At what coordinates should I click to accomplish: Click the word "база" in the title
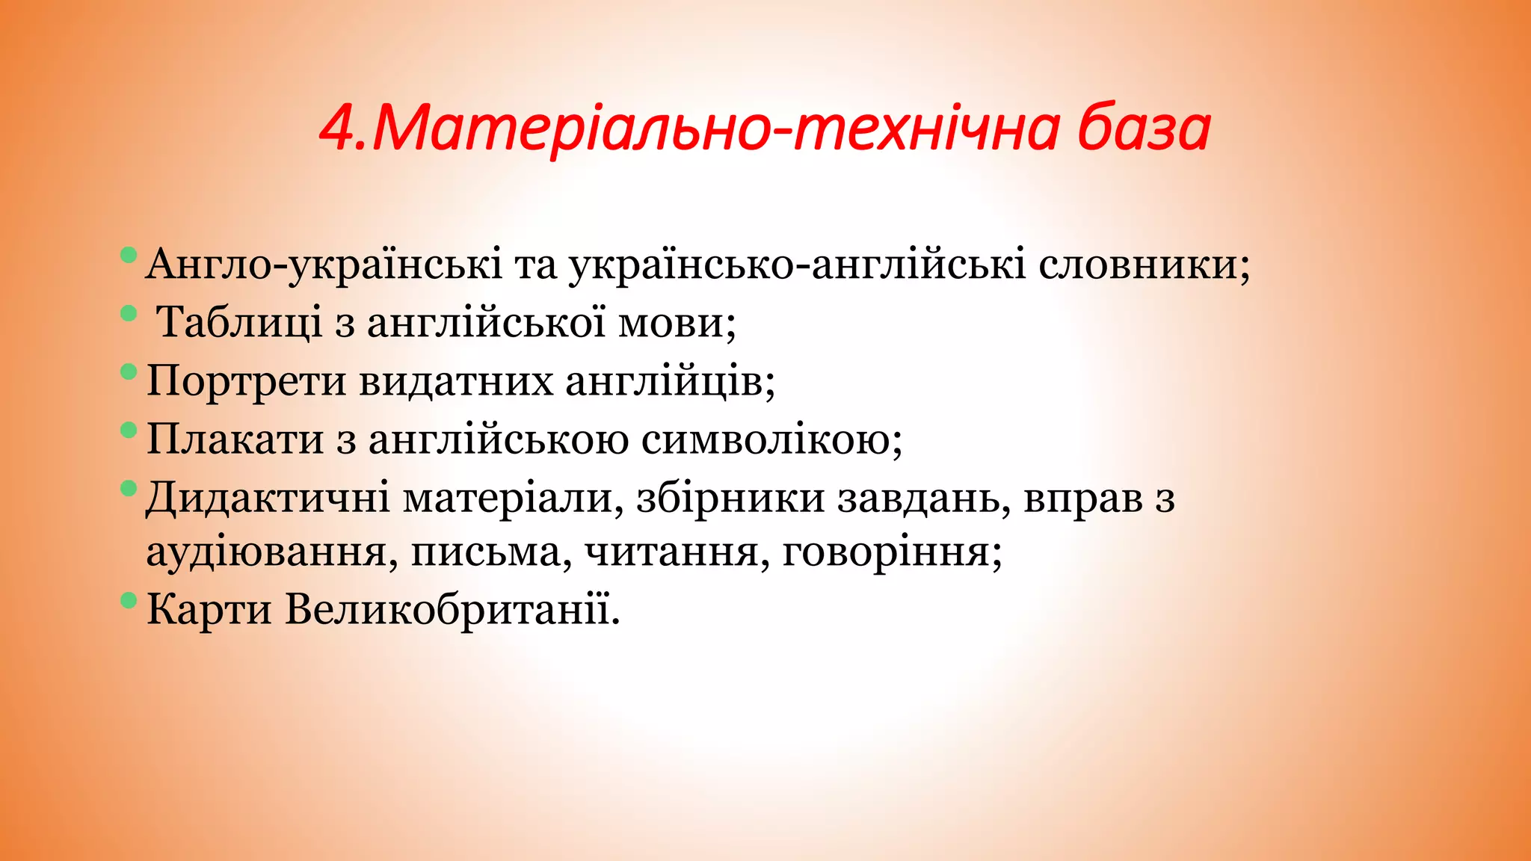coord(1144,129)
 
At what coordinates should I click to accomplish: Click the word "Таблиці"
coord(240,324)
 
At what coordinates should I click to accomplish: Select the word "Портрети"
coord(246,381)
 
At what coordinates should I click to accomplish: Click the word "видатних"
coord(456,381)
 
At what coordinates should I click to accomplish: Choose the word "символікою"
coord(765,439)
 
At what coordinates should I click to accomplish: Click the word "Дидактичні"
coord(268,498)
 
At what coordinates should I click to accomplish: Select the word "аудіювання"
coord(266,554)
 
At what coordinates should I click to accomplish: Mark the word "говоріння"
coord(885,554)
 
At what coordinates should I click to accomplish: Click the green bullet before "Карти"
coord(129,599)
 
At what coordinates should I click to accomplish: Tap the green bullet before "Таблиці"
coord(129,313)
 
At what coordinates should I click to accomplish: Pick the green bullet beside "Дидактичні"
coord(129,489)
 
